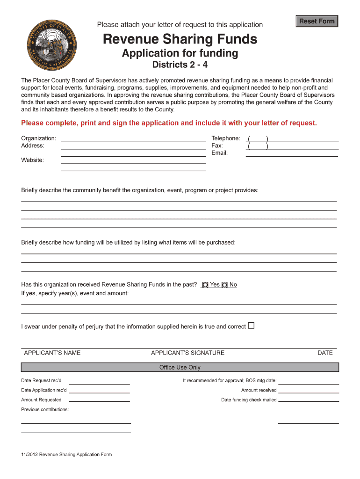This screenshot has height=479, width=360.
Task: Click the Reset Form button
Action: coord(317,21)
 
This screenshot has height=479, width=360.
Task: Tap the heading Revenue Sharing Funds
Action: coord(180,39)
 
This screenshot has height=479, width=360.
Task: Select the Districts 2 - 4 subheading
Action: coord(180,64)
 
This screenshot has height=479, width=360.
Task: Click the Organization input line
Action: coord(133,138)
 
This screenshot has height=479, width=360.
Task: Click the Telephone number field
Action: coord(302,138)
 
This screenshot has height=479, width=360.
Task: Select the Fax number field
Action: coord(302,146)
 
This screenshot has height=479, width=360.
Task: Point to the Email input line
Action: coord(292,153)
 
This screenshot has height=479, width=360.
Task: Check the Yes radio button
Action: coord(205,285)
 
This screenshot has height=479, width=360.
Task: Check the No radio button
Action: coord(225,285)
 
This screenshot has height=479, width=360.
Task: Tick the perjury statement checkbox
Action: coord(251,326)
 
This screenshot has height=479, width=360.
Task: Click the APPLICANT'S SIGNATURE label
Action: coord(187,353)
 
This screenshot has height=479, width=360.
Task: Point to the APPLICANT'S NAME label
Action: coord(52,353)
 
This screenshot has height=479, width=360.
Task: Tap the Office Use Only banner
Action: coord(180,367)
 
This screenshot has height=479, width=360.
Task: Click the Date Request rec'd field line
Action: coord(99,382)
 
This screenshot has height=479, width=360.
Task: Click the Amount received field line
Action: coord(308,390)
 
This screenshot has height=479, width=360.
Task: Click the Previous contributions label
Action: coord(45,409)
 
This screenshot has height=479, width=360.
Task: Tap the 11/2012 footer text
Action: coord(66,454)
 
